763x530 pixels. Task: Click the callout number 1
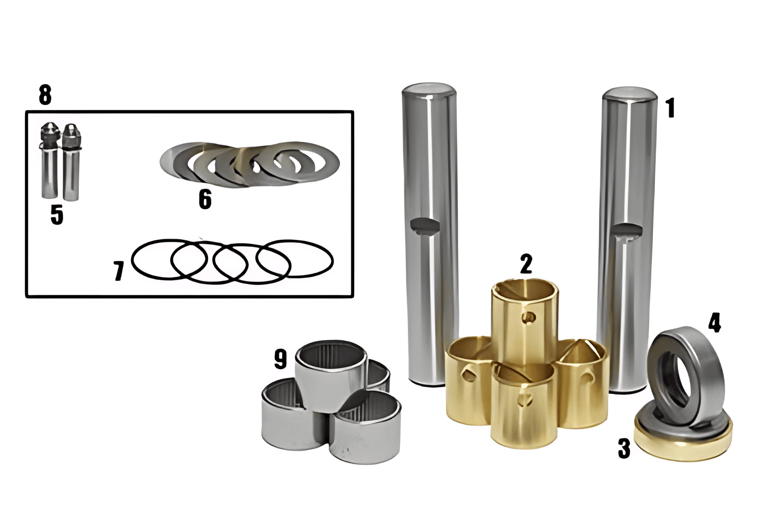pyautogui.click(x=671, y=108)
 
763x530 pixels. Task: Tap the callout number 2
pyautogui.click(x=526, y=264)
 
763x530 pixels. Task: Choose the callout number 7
pyautogui.click(x=119, y=271)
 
